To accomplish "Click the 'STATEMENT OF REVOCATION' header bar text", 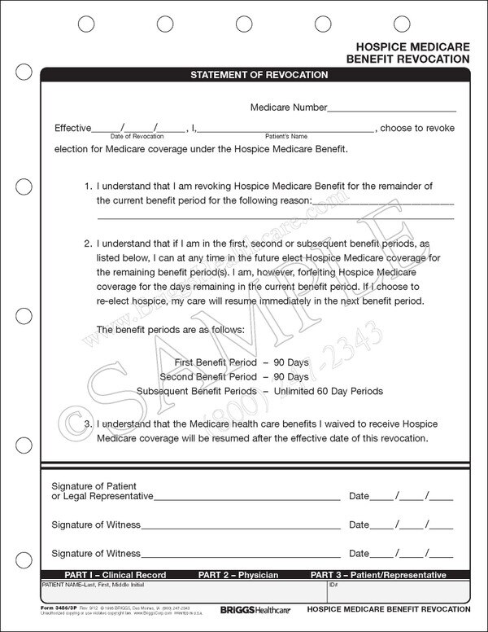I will (x=259, y=75).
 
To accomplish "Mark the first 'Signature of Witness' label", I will (x=96, y=524).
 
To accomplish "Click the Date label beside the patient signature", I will (x=359, y=495).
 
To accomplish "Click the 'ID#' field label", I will (x=333, y=585).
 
